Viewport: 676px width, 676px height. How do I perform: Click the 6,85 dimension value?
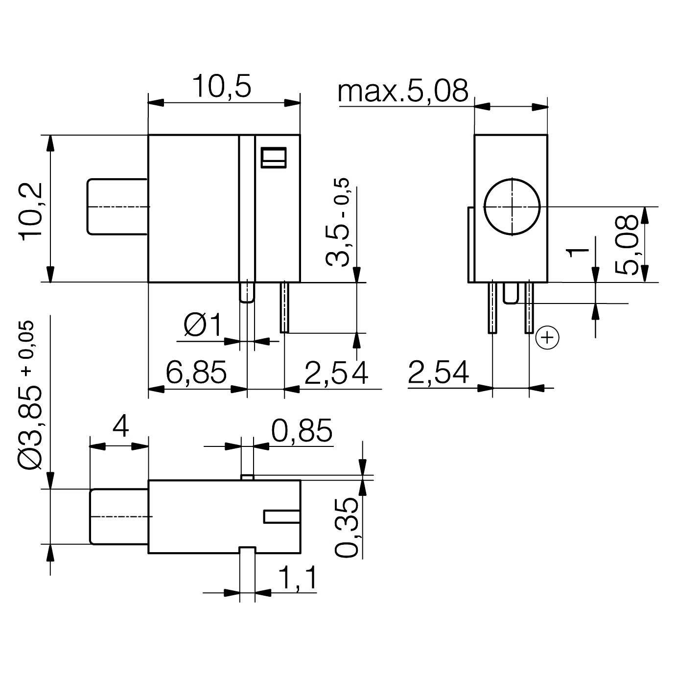[196, 372]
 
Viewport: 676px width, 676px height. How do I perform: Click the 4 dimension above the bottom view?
[120, 427]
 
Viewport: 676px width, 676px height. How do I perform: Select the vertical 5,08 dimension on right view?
[626, 245]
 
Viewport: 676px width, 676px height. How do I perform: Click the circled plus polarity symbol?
[547, 338]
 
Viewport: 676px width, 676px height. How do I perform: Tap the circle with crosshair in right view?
[512, 206]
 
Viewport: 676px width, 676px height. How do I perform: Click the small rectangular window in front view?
[273, 157]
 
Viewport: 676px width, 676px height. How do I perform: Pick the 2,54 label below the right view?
[438, 373]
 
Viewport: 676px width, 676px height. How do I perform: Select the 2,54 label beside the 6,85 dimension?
[336, 373]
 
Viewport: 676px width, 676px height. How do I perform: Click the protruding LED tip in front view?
[117, 207]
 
